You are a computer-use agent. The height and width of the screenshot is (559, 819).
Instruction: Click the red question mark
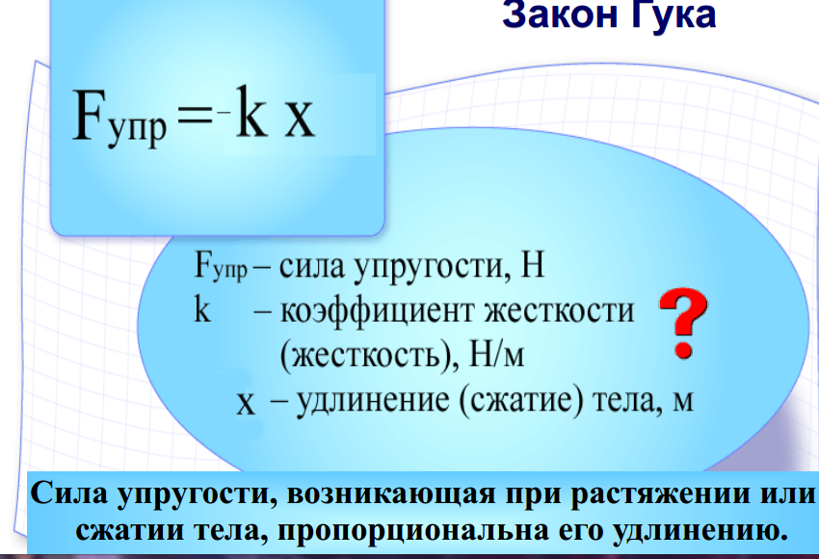point(683,323)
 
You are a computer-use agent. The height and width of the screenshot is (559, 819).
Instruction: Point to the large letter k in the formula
point(251,112)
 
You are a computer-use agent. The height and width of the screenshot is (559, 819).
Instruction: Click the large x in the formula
point(300,120)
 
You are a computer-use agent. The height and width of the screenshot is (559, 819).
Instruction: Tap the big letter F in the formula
point(90,115)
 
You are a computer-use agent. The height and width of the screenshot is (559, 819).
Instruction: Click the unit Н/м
point(496,356)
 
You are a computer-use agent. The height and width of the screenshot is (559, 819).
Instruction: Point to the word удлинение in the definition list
point(373,402)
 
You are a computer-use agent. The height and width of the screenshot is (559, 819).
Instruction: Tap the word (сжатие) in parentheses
point(521,401)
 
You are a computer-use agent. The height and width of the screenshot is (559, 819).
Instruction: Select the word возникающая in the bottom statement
point(391,493)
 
